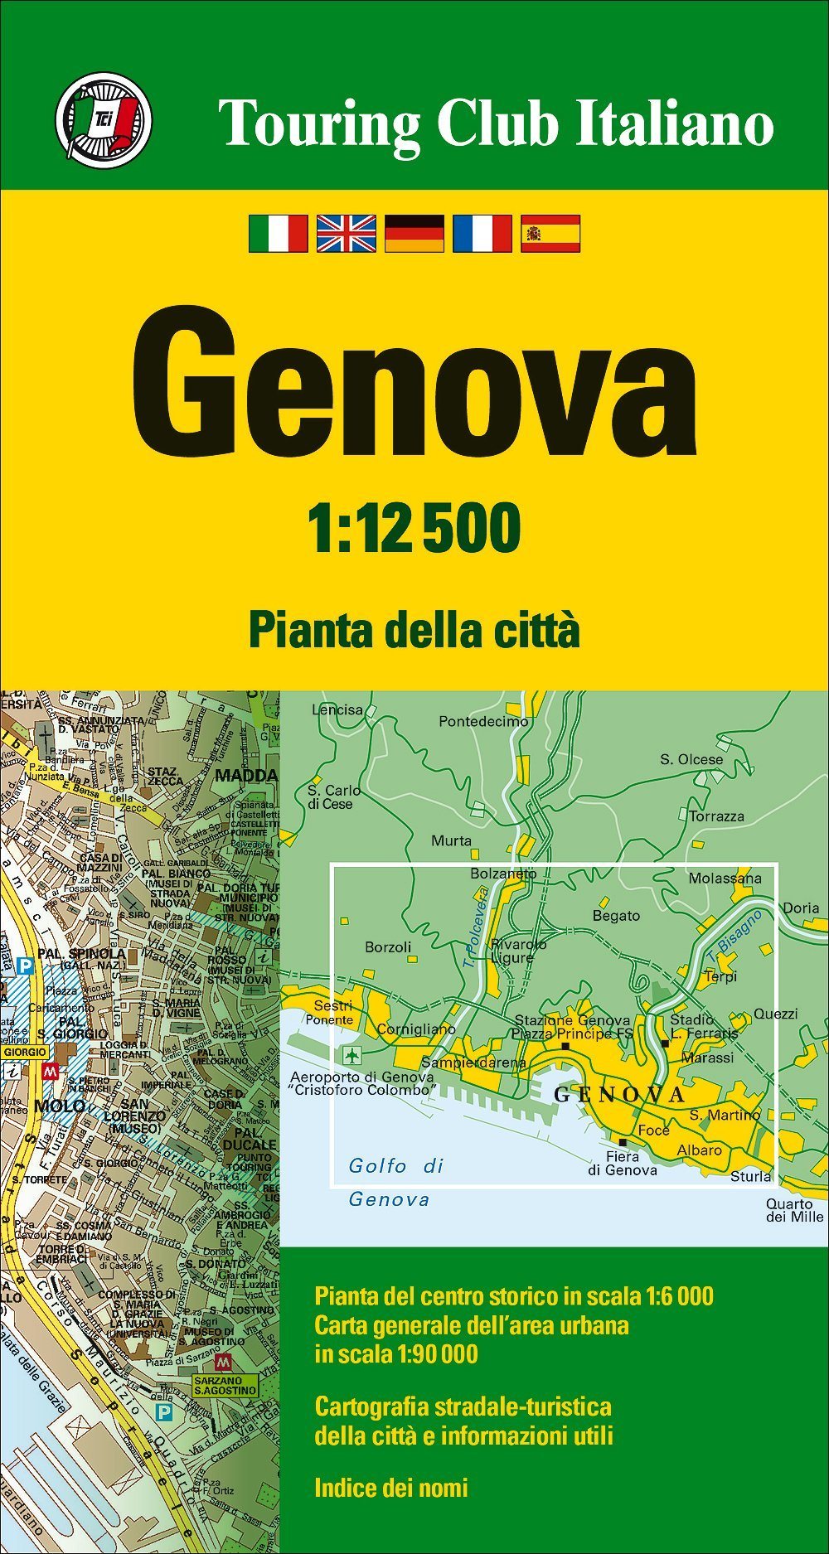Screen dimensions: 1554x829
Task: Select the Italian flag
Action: pyautogui.click(x=279, y=233)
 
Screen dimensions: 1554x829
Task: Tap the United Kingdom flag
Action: pyautogui.click(x=347, y=233)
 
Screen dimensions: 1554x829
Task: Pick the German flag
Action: pyautogui.click(x=414, y=233)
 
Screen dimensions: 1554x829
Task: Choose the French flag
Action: pyautogui.click(x=482, y=233)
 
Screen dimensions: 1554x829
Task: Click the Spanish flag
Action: pyautogui.click(x=550, y=233)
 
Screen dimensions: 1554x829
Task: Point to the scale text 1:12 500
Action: pyautogui.click(x=414, y=528)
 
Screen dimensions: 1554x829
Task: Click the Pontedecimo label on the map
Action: pyautogui.click(x=483, y=721)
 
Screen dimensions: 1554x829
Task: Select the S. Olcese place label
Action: pyautogui.click(x=691, y=759)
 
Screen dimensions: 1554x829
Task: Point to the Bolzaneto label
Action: pyautogui.click(x=503, y=874)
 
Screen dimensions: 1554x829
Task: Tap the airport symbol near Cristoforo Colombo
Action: pyautogui.click(x=352, y=1056)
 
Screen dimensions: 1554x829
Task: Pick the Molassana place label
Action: pyautogui.click(x=725, y=879)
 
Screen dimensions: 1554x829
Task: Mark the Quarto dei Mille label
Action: pyautogui.click(x=794, y=1210)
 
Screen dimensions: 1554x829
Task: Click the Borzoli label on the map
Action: pyautogui.click(x=388, y=946)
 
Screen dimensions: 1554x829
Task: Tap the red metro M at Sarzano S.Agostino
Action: pyautogui.click(x=222, y=1362)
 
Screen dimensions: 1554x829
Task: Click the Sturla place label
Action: pyautogui.click(x=750, y=1176)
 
